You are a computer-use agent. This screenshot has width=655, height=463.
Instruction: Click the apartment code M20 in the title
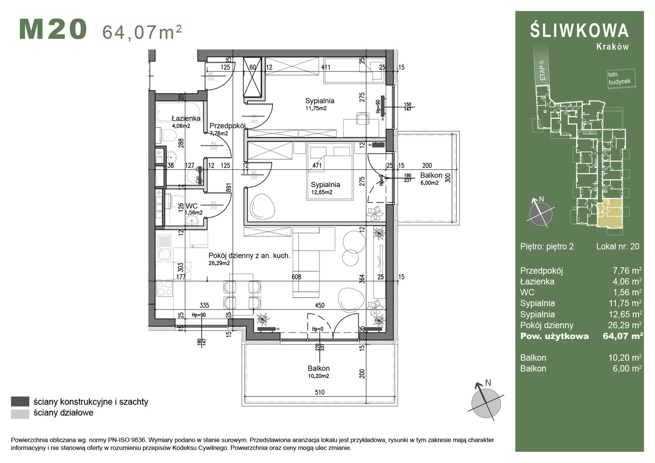click(x=53, y=30)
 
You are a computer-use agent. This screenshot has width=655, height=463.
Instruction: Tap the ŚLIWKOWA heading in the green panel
click(x=579, y=30)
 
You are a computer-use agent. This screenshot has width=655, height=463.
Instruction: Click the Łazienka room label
click(x=186, y=119)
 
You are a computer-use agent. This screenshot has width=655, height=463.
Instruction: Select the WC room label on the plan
click(x=191, y=206)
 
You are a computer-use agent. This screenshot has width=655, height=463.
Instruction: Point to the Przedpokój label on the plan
click(x=227, y=126)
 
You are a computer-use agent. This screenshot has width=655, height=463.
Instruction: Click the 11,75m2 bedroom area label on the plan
click(x=316, y=109)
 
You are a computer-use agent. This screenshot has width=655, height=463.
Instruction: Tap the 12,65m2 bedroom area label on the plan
click(x=321, y=192)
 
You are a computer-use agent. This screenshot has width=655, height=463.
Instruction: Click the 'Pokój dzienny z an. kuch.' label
click(x=249, y=256)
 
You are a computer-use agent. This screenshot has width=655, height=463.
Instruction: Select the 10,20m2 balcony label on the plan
click(x=318, y=376)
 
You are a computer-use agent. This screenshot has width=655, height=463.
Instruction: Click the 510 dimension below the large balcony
click(x=320, y=392)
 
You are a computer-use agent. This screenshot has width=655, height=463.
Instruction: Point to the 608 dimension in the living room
click(x=296, y=277)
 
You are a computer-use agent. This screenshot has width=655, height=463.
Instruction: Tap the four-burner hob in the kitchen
click(x=164, y=288)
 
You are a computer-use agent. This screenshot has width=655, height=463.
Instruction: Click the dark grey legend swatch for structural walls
click(x=20, y=401)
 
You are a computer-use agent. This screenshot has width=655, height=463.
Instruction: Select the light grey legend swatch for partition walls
click(x=20, y=413)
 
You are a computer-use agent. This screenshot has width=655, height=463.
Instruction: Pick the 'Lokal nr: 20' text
click(x=617, y=246)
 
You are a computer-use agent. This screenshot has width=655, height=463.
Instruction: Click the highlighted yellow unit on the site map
click(x=610, y=213)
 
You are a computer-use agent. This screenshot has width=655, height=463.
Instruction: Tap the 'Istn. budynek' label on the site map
click(x=619, y=78)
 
